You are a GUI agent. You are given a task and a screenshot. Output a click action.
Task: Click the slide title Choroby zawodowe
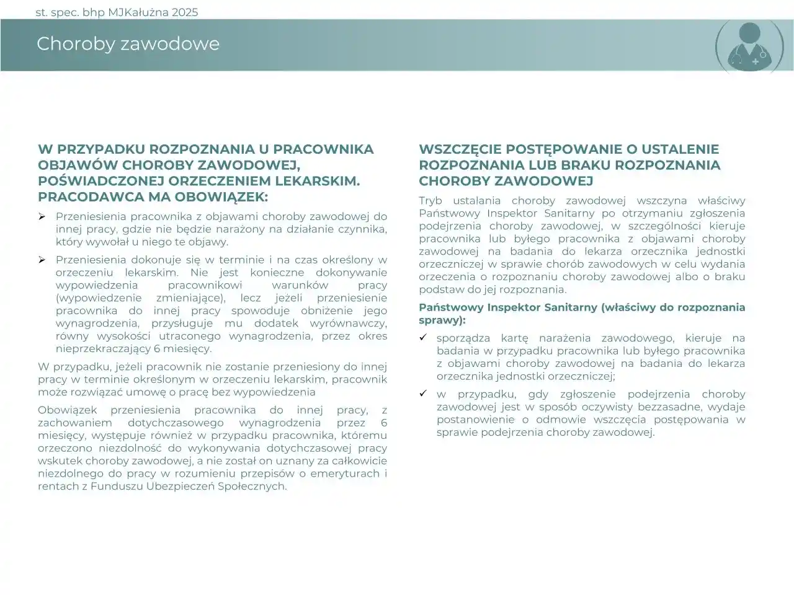pos(128,44)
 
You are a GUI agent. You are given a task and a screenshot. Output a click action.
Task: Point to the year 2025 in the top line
pos(184,12)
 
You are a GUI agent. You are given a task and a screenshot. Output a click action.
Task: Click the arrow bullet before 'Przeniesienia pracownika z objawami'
pos(42,217)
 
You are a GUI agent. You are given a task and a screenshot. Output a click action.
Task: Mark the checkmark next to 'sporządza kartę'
pos(423,338)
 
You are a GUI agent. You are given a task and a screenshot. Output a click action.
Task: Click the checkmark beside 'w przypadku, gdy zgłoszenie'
pos(423,394)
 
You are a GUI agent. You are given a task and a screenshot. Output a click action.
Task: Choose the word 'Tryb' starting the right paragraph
pos(430,201)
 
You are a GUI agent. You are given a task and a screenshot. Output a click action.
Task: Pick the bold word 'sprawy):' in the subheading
pos(442,320)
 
